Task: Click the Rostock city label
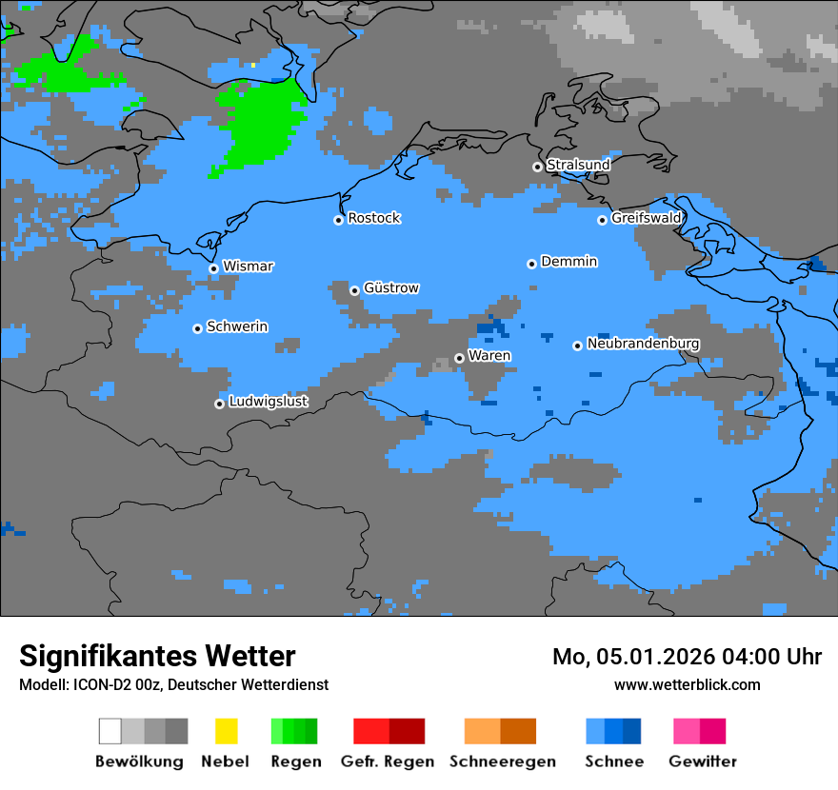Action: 374,218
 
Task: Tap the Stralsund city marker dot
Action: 537,167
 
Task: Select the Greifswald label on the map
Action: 647,218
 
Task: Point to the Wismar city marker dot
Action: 213,268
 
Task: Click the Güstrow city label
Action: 391,287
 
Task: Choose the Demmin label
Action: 569,261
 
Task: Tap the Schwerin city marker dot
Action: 197,328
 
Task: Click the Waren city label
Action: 489,355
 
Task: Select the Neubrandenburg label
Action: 643,344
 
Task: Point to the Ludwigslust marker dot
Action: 219,404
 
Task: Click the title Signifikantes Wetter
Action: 157,656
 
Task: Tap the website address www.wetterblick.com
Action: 687,684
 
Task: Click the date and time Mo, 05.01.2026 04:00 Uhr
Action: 687,657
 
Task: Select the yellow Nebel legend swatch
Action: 226,731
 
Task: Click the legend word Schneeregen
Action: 502,761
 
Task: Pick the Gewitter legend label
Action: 702,761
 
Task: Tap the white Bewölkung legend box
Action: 110,731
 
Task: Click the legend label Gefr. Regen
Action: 388,761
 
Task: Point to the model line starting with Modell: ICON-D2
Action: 173,684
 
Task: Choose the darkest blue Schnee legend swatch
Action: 632,731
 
